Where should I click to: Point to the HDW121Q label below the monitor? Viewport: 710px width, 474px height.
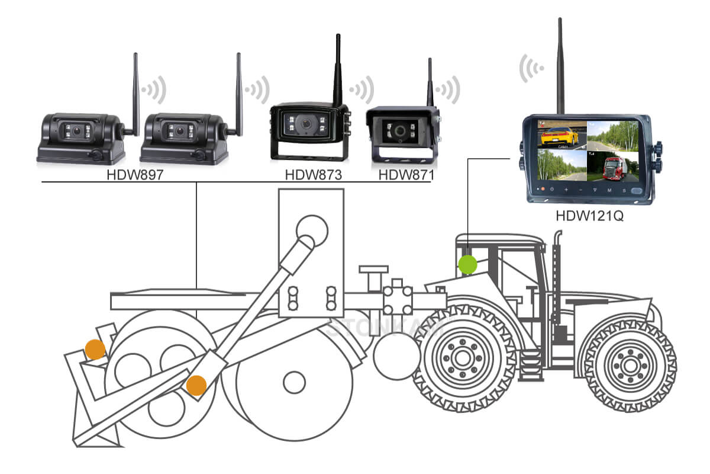(x=589, y=216)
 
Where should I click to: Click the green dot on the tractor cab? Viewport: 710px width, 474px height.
(x=468, y=264)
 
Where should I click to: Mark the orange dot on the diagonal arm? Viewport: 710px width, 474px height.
(x=196, y=386)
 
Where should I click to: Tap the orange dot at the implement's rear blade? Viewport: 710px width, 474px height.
(x=95, y=350)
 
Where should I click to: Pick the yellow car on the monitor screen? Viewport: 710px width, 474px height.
(x=557, y=136)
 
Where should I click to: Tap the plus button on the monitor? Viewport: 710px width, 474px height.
(x=565, y=191)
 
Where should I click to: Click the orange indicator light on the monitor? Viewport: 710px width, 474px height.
(x=540, y=191)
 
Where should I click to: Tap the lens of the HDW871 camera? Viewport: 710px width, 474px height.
(x=401, y=130)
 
